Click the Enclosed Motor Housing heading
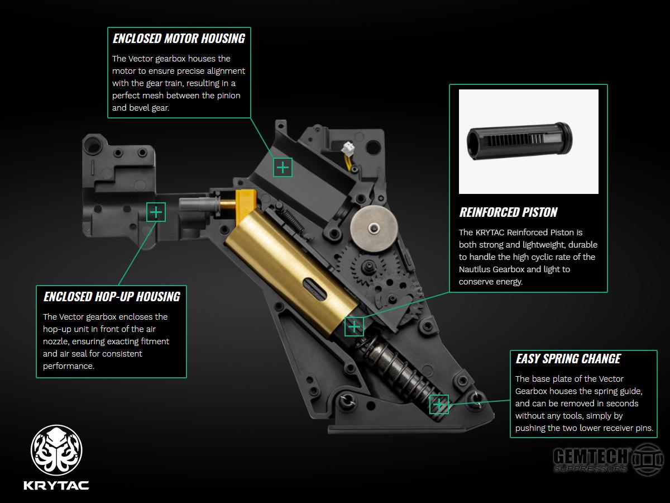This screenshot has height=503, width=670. click(179, 39)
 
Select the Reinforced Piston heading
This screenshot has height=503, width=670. click(508, 212)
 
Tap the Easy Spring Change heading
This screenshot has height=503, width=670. click(568, 359)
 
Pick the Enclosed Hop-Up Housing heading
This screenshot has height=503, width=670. click(112, 297)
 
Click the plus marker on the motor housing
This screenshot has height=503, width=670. click(283, 167)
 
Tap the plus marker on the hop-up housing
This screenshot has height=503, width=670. click(156, 212)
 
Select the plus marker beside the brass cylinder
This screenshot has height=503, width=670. click(354, 326)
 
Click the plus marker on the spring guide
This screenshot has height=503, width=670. click(439, 405)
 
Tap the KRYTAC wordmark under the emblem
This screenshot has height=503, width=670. click(56, 485)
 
